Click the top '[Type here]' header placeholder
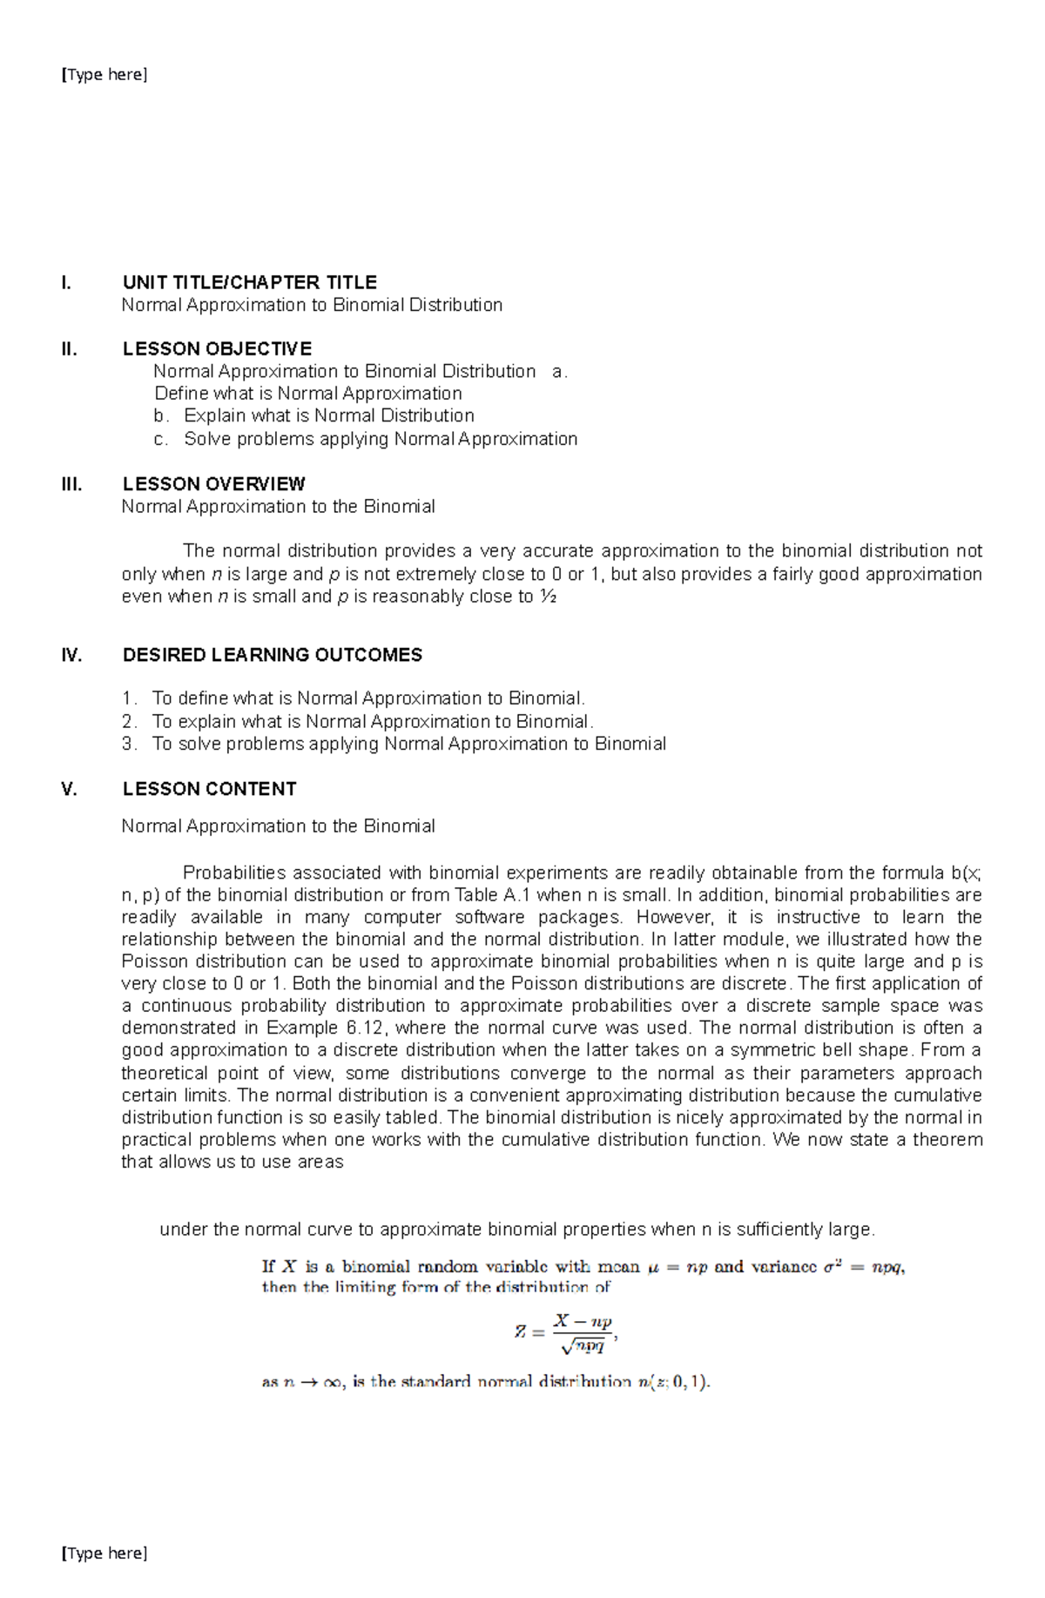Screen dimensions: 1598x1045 tap(104, 75)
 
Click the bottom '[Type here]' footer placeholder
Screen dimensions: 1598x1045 tap(104, 1553)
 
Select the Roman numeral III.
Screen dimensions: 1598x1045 tap(71, 484)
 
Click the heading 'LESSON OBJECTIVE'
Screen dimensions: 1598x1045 tap(217, 349)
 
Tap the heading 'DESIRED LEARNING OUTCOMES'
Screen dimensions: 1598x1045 tap(272, 655)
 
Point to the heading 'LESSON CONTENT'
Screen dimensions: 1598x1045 tap(209, 789)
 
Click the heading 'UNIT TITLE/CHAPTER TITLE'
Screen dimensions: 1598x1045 tap(249, 282)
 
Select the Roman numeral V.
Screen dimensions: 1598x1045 tap(69, 789)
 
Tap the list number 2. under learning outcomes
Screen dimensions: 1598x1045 tap(130, 721)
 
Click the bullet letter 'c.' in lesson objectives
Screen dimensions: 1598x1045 tap(160, 439)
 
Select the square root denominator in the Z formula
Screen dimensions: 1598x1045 tap(583, 1346)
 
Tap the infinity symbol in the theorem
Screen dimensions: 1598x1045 tap(332, 1382)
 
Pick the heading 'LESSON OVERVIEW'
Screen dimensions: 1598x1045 tap(213, 484)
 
